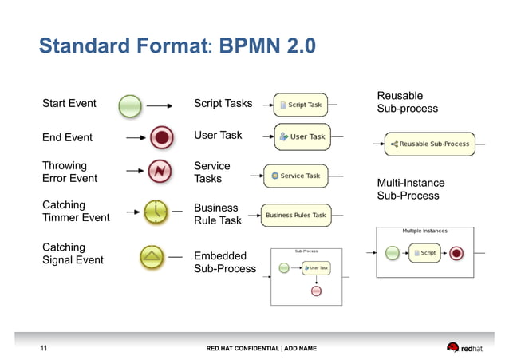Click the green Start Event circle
130,105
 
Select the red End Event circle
162,138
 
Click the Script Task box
300,105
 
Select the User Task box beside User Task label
302,136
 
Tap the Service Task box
295,176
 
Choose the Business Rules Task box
295,215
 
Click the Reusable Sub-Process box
429,144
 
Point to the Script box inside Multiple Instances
424,253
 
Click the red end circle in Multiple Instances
456,254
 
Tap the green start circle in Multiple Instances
392,253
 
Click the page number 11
45,348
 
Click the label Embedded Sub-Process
225,262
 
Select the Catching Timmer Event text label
76,211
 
